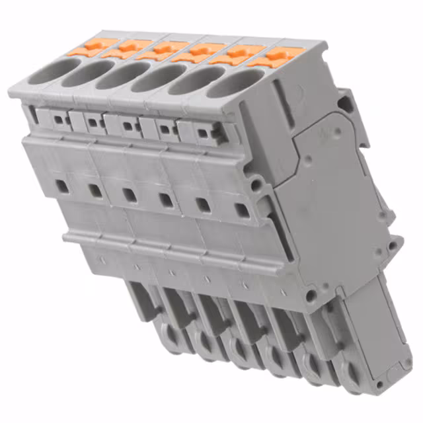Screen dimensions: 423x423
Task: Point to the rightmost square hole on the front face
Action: tap(242, 210)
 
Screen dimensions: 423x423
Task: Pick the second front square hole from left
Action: tap(95, 190)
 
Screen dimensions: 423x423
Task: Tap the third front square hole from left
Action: tap(130, 195)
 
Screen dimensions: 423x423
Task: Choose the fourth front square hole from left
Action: tap(166, 200)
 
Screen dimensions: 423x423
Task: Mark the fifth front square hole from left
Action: tap(204, 205)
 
